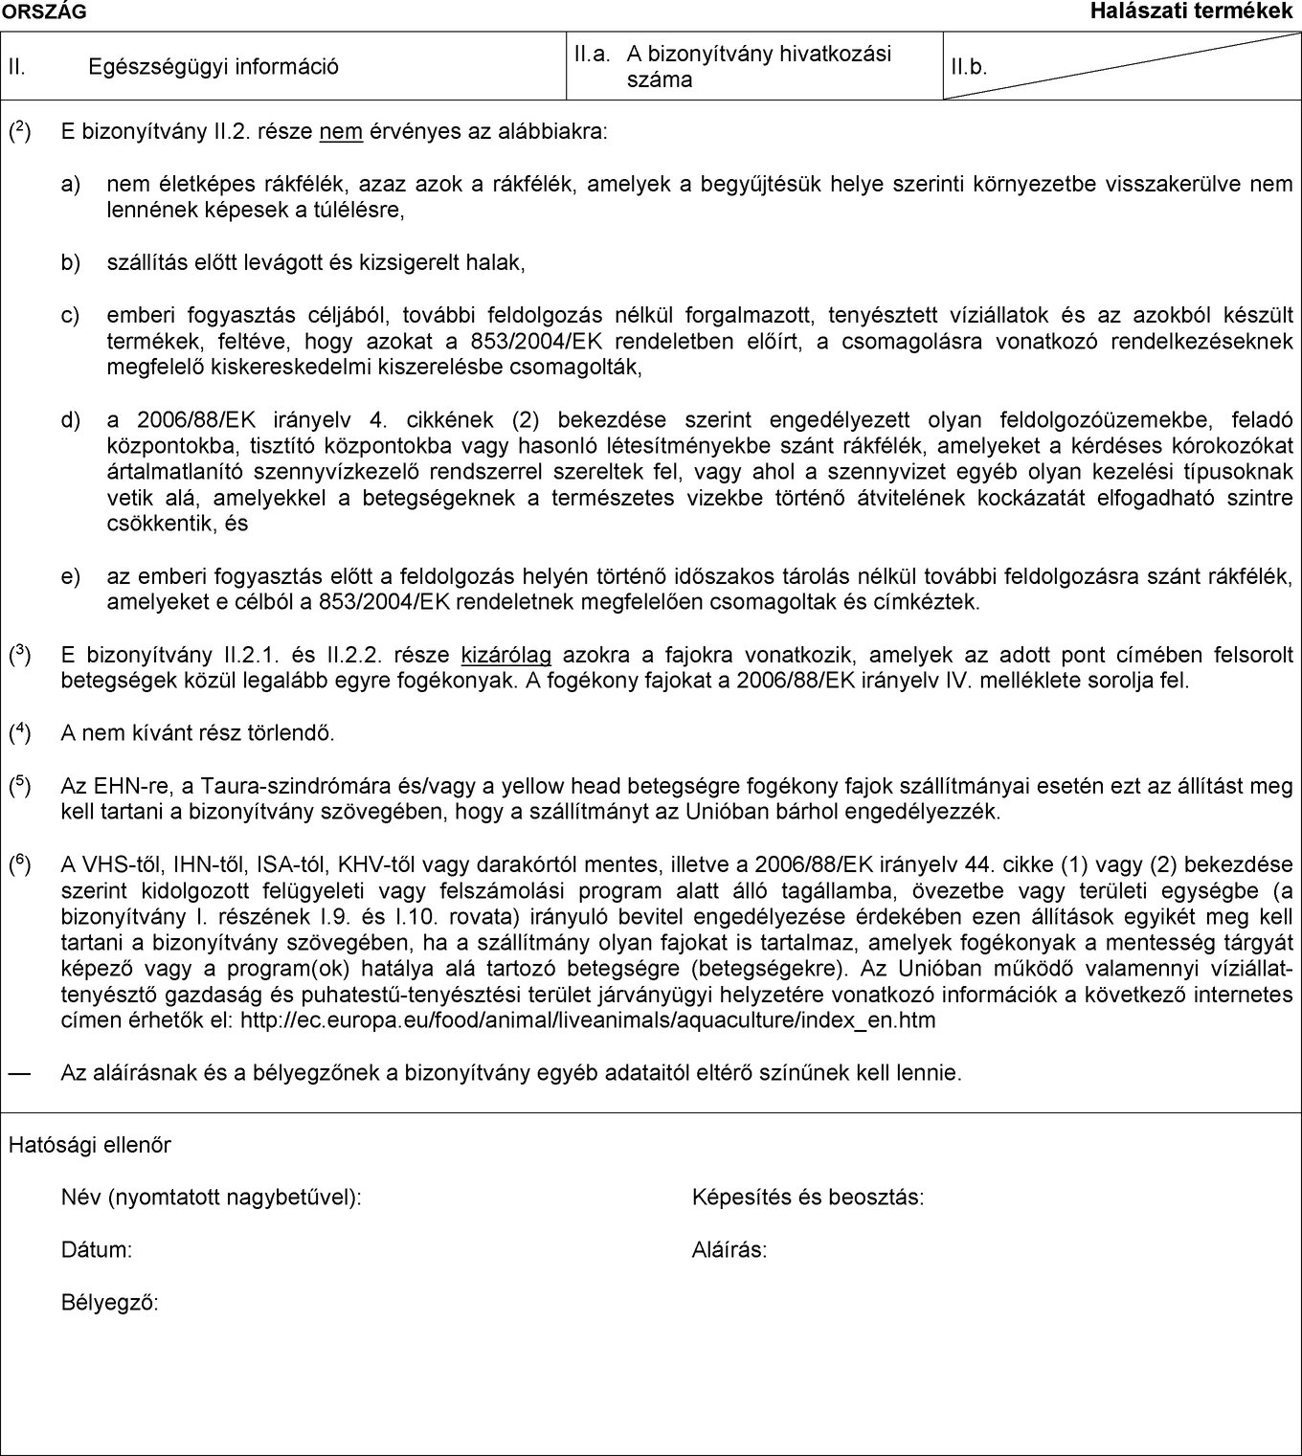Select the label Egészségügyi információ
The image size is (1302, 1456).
coord(213,67)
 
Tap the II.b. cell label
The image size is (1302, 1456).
coord(969,68)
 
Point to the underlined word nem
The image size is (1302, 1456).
coord(341,131)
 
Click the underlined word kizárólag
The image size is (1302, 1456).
coord(506,656)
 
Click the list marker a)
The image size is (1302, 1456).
coord(71,184)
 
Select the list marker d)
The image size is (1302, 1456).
coord(71,419)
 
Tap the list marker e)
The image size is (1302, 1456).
coord(71,576)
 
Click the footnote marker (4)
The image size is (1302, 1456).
coord(20,733)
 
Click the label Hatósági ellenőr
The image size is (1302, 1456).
coord(90,1145)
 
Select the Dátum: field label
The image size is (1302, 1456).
coord(97,1250)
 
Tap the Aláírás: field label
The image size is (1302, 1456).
coord(730,1250)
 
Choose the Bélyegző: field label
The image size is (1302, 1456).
coord(110,1303)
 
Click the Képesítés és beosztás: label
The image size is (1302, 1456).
coord(808,1198)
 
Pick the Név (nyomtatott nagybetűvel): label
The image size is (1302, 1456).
coord(212,1198)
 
